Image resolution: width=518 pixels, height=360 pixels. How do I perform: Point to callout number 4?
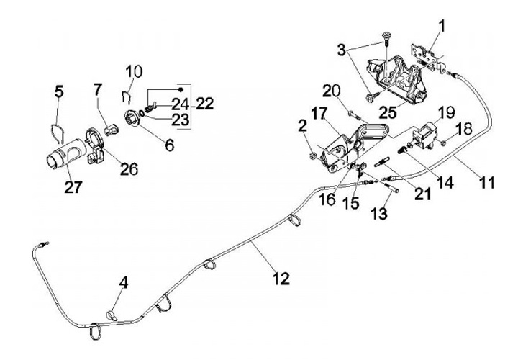point(124,282)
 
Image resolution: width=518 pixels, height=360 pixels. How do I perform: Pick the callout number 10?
point(133,72)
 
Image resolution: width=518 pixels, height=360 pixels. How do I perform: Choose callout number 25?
point(387,112)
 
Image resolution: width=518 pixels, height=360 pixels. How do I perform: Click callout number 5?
point(60,91)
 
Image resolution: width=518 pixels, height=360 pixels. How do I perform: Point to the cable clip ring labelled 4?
point(112,314)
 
